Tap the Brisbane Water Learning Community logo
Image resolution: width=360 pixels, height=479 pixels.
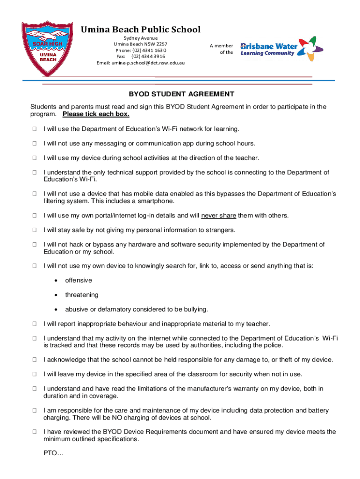[x=281, y=47]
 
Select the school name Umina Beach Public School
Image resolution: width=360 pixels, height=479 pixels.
[x=141, y=30]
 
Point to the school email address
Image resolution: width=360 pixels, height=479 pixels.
[x=141, y=63]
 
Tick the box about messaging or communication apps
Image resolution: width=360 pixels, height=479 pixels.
[x=34, y=144]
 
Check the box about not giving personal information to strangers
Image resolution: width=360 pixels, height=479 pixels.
[x=34, y=230]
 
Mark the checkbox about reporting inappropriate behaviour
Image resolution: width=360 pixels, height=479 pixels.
[x=34, y=324]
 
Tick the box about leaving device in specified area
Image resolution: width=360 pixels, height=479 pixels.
[x=34, y=374]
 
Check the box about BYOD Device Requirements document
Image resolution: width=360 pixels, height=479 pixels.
[x=34, y=432]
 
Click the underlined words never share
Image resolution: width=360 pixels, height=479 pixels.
[x=219, y=216]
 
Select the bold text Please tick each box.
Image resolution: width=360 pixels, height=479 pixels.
[x=96, y=114]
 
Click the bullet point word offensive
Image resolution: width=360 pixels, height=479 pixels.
[x=79, y=280]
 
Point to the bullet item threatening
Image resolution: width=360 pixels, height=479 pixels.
[x=82, y=295]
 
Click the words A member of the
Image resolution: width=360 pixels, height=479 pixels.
[x=222, y=49]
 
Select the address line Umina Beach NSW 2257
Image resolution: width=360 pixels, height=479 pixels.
[x=141, y=44]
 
